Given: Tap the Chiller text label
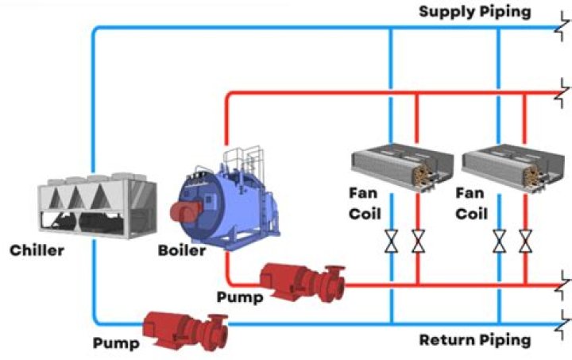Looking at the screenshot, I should tap(37, 252).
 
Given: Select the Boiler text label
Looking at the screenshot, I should tap(181, 251).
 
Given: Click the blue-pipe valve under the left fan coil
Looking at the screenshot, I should tap(392, 241).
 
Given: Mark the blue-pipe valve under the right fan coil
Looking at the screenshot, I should tap(499, 241).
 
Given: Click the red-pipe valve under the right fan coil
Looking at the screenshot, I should tap(525, 241).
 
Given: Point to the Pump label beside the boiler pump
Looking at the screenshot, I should tap(236, 296).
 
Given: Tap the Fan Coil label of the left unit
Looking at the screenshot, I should tap(365, 203).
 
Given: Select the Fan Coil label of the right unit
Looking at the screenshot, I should tap(471, 203).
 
